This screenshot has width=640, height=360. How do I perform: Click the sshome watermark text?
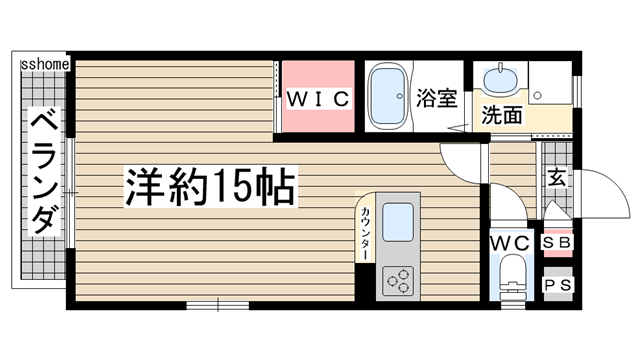pyautogui.click(x=44, y=65)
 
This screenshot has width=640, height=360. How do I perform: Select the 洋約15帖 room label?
pyautogui.click(x=209, y=187)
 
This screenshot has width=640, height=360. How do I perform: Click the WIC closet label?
pyautogui.click(x=318, y=98)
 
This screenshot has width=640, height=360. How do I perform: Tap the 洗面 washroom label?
pyautogui.click(x=502, y=114)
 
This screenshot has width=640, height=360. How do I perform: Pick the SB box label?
pyautogui.click(x=557, y=243)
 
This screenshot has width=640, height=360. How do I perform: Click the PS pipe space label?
pyautogui.click(x=557, y=285)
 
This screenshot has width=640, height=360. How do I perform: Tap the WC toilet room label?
pyautogui.click(x=510, y=243)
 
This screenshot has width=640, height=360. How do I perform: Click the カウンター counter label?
pyautogui.click(x=366, y=231)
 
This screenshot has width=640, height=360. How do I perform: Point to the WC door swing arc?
pyautogui.click(x=504, y=205)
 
